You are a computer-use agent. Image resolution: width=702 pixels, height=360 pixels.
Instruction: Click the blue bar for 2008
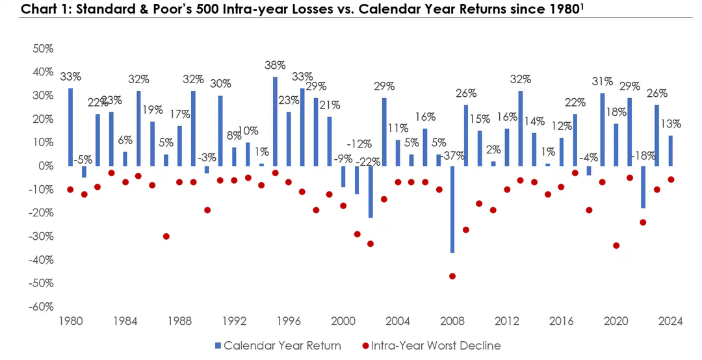[x=452, y=209]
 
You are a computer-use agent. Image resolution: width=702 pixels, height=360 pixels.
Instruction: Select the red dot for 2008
[x=452, y=276]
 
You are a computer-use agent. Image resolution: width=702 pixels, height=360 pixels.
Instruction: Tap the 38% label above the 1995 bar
[x=275, y=66]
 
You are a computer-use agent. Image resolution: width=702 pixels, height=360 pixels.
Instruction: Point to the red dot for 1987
[x=166, y=237]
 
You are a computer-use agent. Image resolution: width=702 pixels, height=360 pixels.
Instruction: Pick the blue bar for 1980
[x=70, y=127]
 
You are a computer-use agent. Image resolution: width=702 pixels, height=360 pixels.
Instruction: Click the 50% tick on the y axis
[x=43, y=49]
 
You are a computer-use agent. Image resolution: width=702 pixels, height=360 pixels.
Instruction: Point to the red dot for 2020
[x=616, y=246]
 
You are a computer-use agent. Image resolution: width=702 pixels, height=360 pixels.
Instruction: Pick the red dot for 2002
[x=370, y=244]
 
